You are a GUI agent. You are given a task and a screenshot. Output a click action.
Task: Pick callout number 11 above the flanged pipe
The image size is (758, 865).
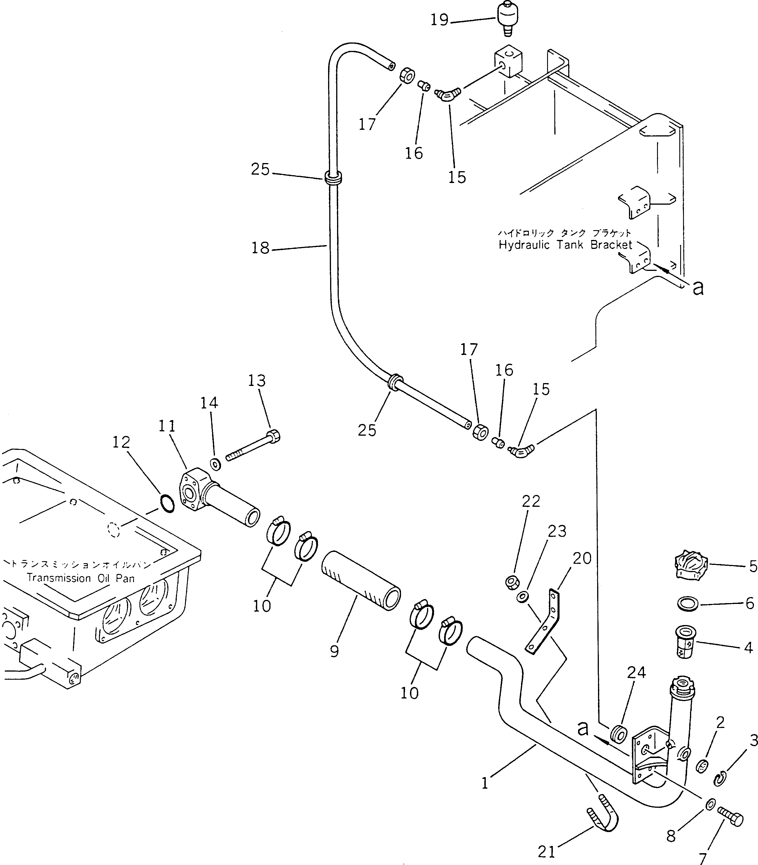click(167, 426)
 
